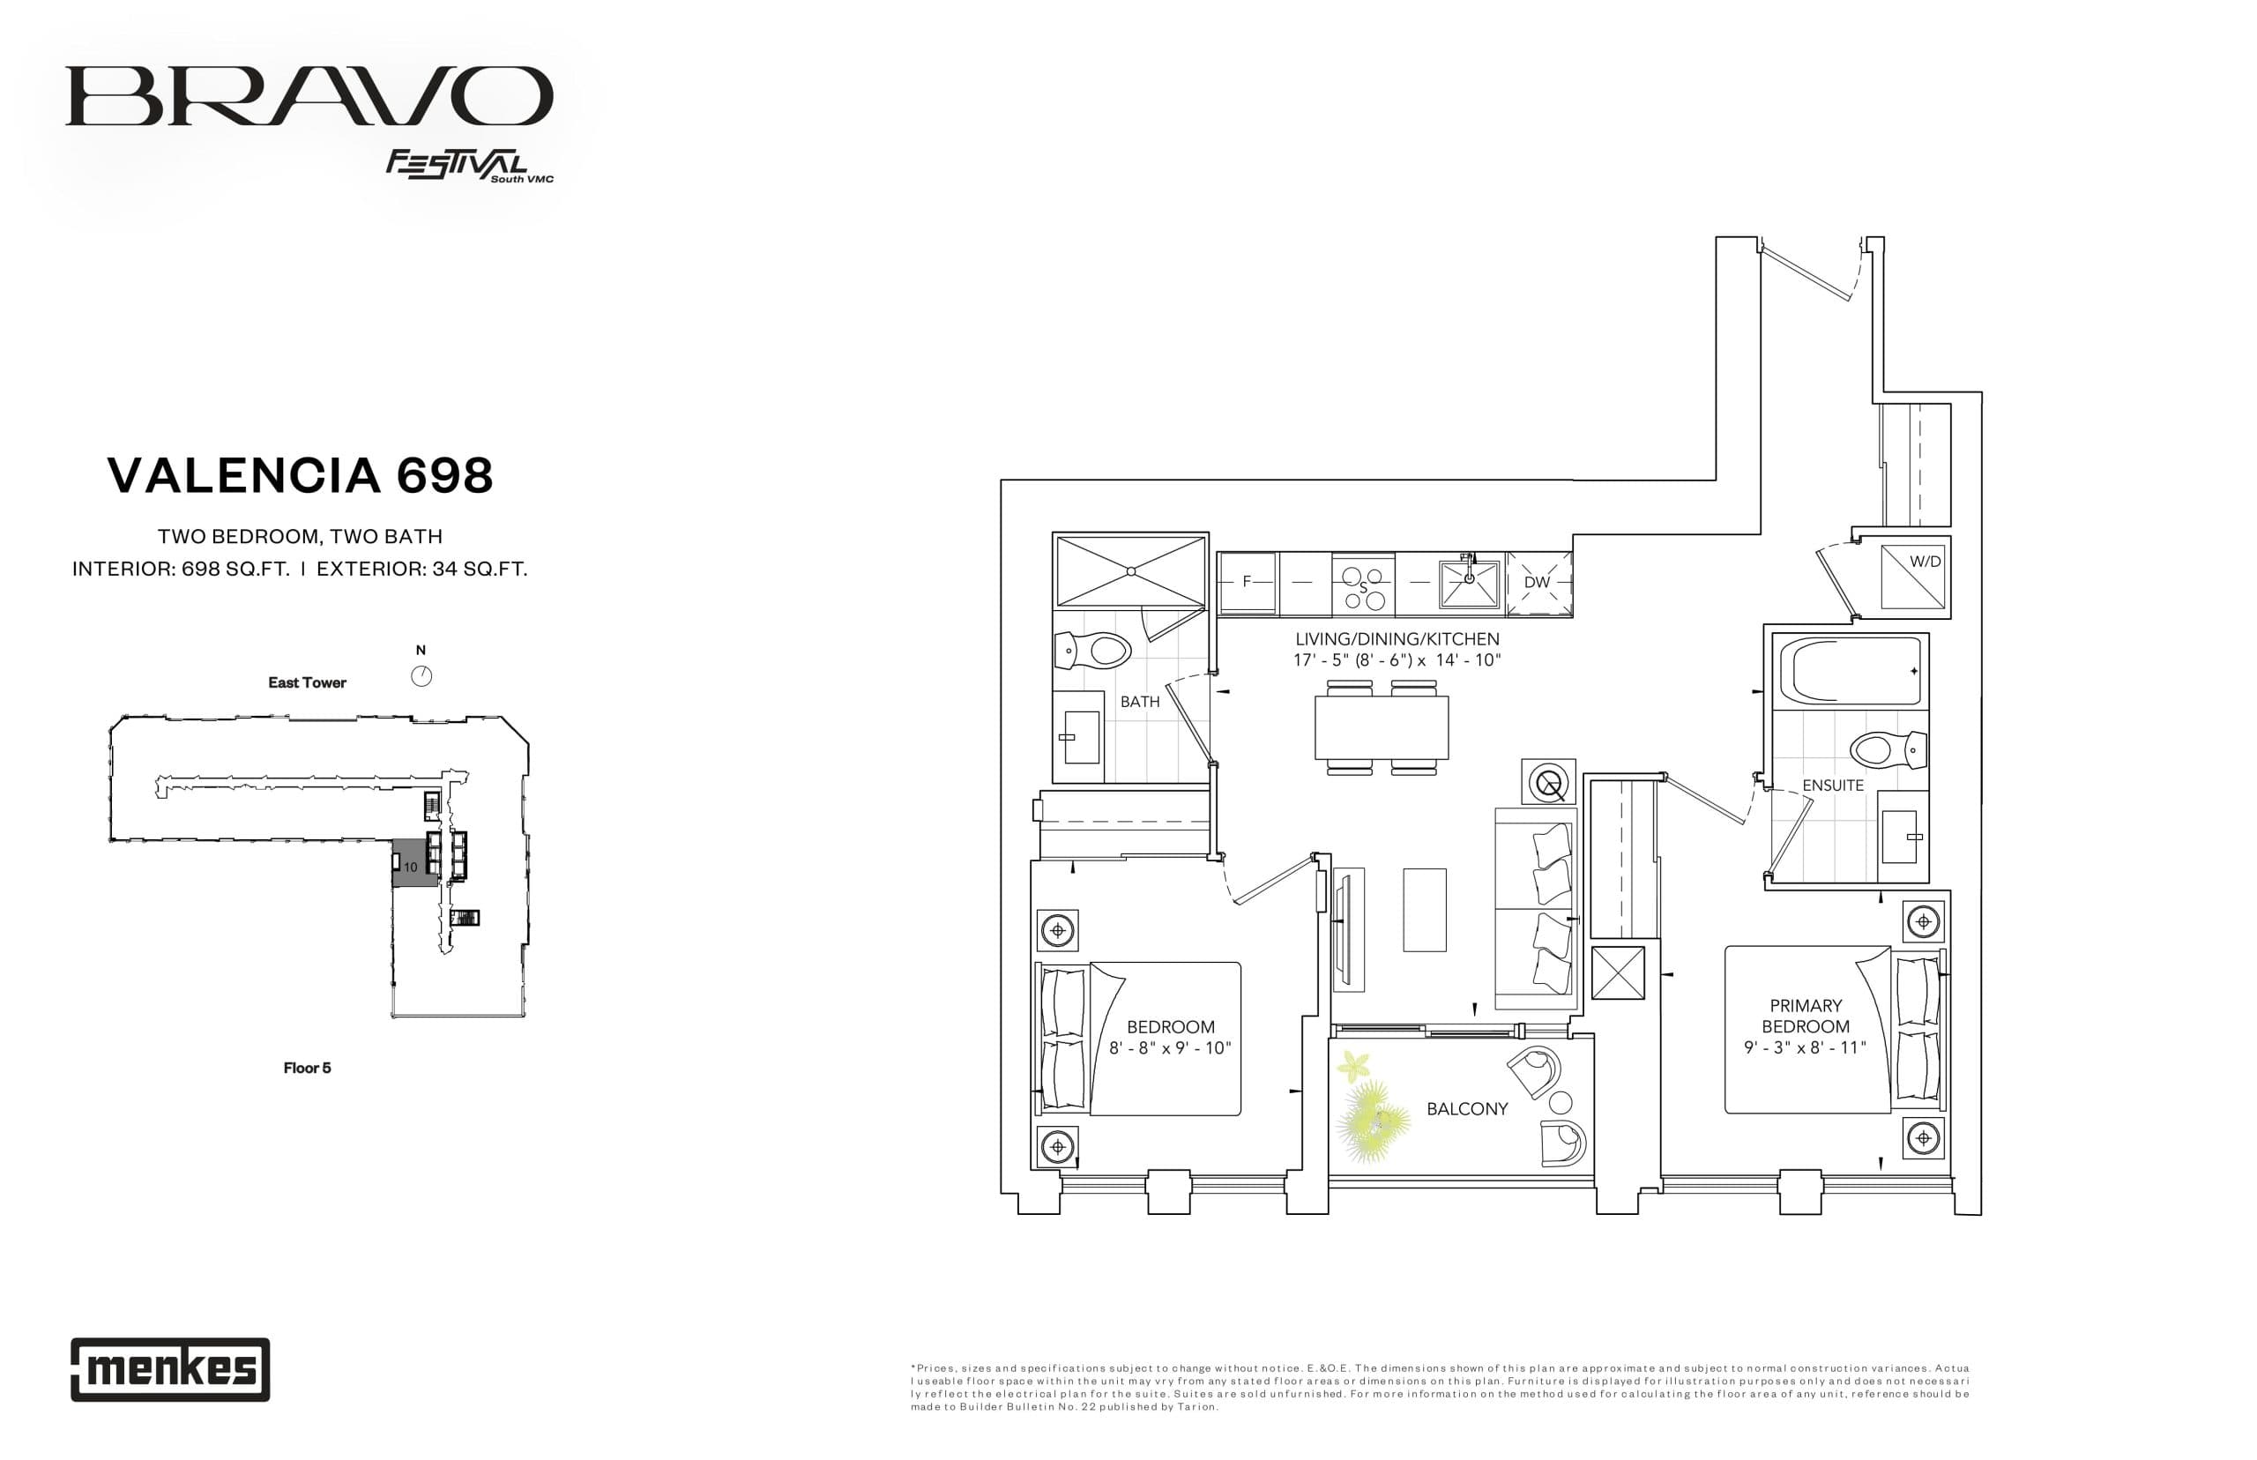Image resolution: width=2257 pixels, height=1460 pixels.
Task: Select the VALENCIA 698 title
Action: [x=300, y=475]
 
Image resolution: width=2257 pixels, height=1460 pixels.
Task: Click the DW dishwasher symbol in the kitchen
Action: [x=1537, y=582]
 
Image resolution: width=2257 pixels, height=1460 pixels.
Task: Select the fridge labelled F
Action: [x=1246, y=582]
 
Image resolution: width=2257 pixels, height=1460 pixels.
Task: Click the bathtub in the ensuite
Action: [x=1848, y=671]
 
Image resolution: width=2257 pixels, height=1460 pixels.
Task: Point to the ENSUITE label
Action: [x=1832, y=785]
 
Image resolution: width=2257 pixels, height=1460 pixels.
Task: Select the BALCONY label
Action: [x=1466, y=1108]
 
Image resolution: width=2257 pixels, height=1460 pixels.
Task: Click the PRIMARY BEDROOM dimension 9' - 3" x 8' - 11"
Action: [x=1804, y=1047]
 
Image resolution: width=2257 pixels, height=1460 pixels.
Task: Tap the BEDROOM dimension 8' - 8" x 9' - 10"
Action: [x=1170, y=1047]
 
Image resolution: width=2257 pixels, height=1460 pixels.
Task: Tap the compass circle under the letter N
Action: [x=421, y=676]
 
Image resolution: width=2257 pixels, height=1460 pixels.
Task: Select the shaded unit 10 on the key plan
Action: [x=411, y=865]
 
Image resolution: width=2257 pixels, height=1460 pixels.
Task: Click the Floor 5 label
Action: [x=307, y=1068]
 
